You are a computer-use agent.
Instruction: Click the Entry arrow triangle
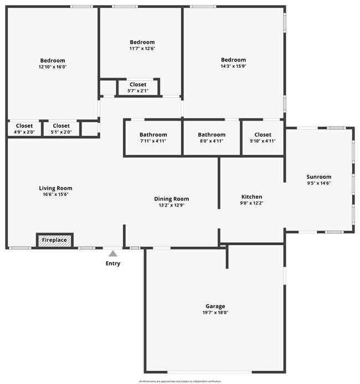tap(113, 254)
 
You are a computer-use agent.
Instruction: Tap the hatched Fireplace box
tap(55, 240)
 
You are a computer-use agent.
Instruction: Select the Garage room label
tap(215, 306)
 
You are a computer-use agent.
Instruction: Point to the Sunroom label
tap(318, 177)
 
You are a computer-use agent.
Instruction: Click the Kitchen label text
tap(251, 196)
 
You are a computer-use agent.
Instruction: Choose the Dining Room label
tap(171, 199)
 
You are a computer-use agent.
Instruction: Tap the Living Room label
tap(57, 188)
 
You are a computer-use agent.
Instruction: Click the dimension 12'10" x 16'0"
tap(53, 67)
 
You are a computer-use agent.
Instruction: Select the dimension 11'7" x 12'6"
tap(142, 49)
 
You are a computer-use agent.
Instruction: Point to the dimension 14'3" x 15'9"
tap(233, 66)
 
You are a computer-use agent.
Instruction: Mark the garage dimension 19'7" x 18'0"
tap(215, 313)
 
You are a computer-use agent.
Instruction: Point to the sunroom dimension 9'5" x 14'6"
tap(318, 183)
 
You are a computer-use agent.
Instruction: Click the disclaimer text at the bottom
tap(180, 381)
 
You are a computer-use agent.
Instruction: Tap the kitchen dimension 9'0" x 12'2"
tap(251, 203)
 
